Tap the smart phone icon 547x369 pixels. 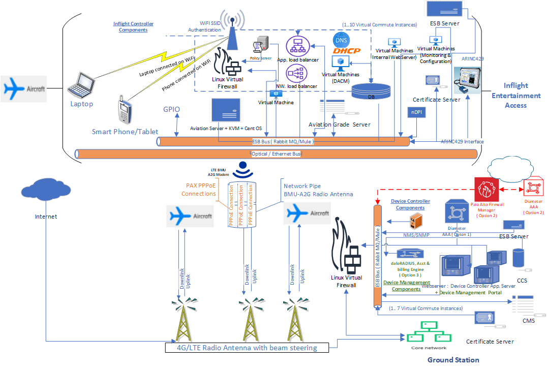click(x=125, y=109)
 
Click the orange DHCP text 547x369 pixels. click(x=347, y=51)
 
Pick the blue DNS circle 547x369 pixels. click(x=340, y=40)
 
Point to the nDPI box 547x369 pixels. click(x=414, y=113)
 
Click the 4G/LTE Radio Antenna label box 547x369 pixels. click(x=247, y=348)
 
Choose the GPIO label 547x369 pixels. click(x=171, y=109)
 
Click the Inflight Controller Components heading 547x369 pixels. click(x=133, y=27)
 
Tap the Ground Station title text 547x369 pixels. click(x=453, y=360)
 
